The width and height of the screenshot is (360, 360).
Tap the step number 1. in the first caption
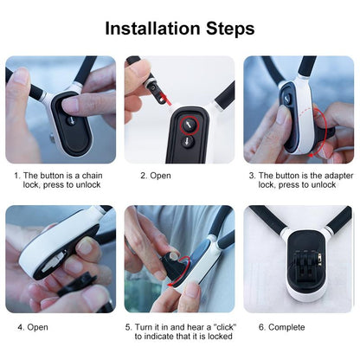[x=16, y=175]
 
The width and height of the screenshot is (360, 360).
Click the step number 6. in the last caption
[x=262, y=327]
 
